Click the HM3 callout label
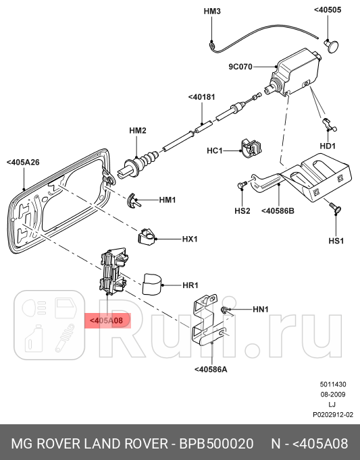pos(211,11)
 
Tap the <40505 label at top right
pos(328,11)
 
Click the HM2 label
pos(138,130)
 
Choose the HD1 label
pos(328,146)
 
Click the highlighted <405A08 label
pos(104,322)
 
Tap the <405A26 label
pos(23,163)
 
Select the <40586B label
pos(278,210)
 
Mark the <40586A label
pos(211,369)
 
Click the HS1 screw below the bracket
pos(334,210)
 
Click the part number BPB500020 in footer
pos(215,444)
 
